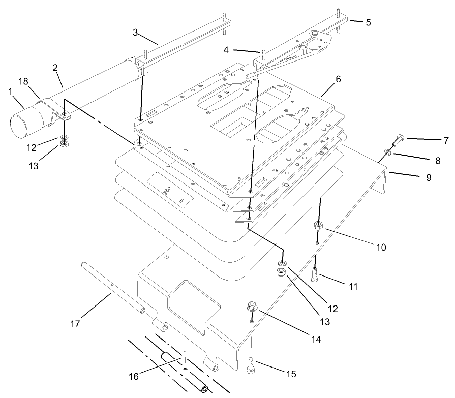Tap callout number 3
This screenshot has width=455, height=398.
136,33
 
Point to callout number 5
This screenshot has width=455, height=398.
368,22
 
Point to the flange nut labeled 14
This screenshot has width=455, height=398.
251,306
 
